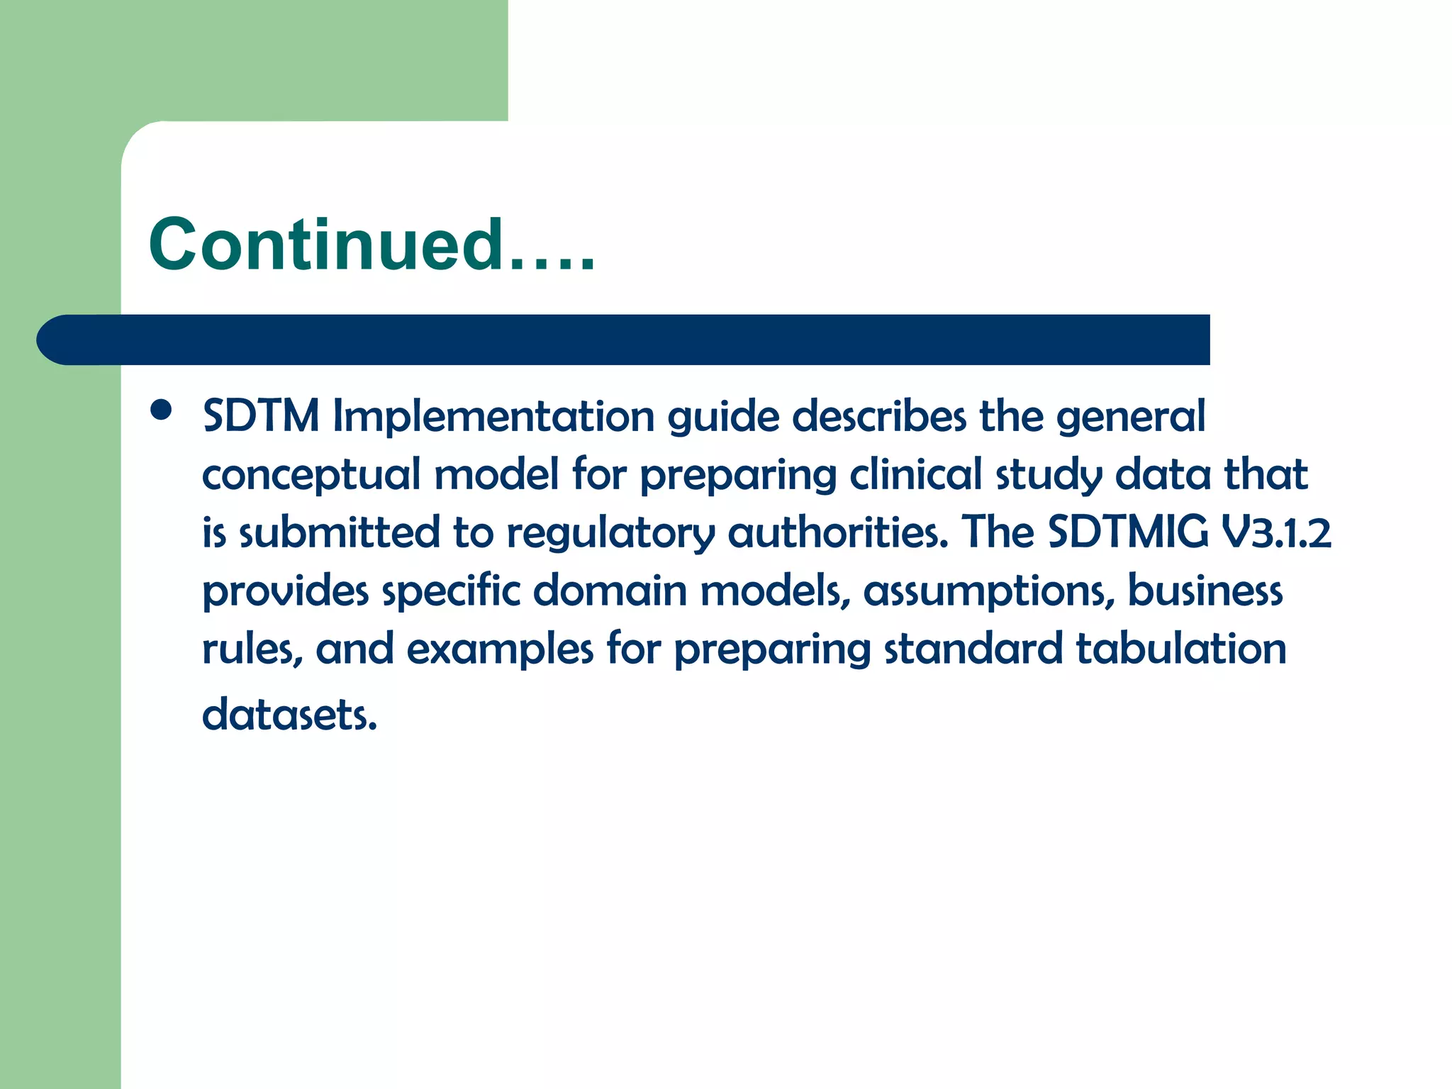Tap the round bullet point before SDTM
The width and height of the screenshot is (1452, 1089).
click(162, 410)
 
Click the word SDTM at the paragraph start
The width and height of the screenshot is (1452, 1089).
click(260, 416)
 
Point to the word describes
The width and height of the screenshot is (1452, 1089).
click(878, 416)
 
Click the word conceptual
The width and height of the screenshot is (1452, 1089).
click(311, 476)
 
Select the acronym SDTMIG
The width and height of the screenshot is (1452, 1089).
click(1127, 532)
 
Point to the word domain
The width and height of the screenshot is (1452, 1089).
click(610, 591)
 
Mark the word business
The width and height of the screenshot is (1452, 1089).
click(1205, 591)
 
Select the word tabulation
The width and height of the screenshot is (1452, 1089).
click(1180, 649)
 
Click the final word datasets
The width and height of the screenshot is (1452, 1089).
click(289, 715)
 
